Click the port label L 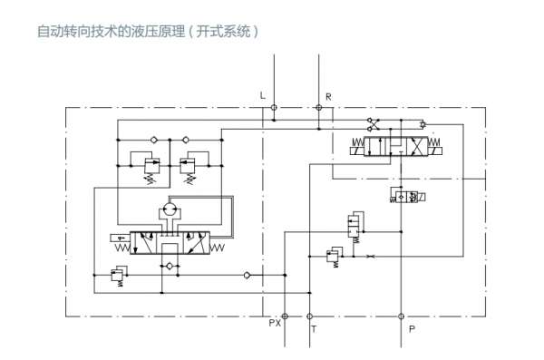263,95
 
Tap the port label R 328,95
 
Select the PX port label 276,323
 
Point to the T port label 314,329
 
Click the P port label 412,329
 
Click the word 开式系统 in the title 228,31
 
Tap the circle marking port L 275,107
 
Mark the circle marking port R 319,107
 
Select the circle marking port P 402,316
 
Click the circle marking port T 307,316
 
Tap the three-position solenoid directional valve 395,146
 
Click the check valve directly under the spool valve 166,266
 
